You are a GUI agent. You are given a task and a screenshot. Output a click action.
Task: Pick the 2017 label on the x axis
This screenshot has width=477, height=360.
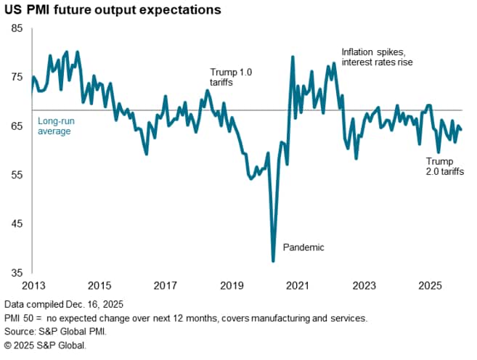click(166, 286)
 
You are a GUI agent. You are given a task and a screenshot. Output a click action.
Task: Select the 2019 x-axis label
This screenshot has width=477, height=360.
click(232, 286)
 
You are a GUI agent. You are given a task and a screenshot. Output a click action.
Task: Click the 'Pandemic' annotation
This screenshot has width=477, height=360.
click(303, 247)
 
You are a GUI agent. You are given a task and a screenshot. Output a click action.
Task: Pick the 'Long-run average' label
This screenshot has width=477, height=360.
click(54, 126)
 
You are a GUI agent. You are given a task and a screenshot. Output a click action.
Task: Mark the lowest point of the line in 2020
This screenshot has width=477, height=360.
click(274, 261)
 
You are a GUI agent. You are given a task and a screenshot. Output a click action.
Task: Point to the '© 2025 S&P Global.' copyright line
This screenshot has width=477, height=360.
click(45, 345)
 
